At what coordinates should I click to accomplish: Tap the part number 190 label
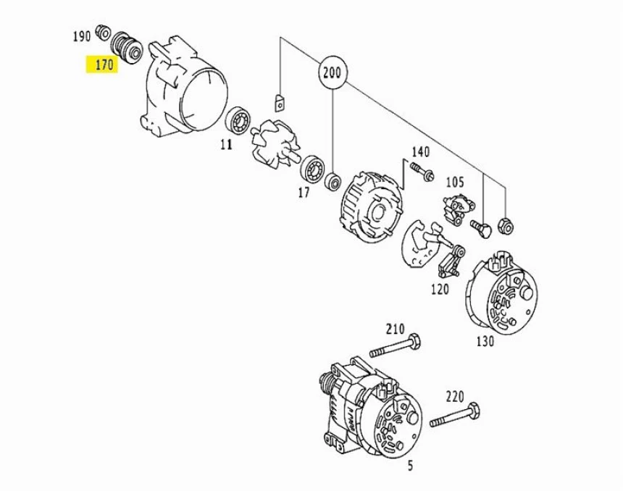pos(81,35)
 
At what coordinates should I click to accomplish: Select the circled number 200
pos(333,73)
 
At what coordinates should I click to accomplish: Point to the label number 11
pos(226,145)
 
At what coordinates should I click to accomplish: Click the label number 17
pos(304,193)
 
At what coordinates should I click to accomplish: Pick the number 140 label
pos(421,152)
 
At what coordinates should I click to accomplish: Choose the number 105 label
pos(454,181)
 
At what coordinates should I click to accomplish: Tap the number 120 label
pos(440,290)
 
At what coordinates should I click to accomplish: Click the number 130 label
pos(485,341)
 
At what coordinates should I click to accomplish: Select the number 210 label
pos(395,329)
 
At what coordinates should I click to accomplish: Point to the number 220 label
pos(454,396)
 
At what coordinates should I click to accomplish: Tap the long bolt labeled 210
pos(395,346)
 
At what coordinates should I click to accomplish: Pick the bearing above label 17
pos(312,168)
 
